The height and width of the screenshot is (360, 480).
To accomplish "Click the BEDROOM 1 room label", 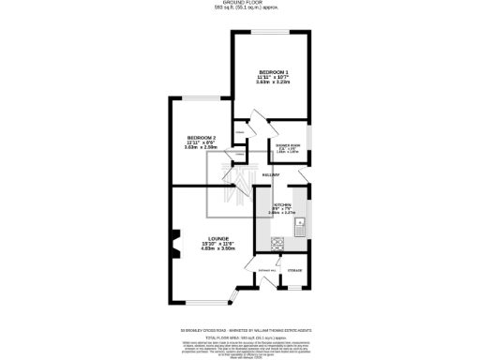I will (x=273, y=72).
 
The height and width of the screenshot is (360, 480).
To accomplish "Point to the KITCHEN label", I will (x=281, y=204).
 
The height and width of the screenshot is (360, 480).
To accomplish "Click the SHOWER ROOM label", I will (x=288, y=145).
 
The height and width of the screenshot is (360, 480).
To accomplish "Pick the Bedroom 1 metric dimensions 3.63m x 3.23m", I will (x=273, y=82).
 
